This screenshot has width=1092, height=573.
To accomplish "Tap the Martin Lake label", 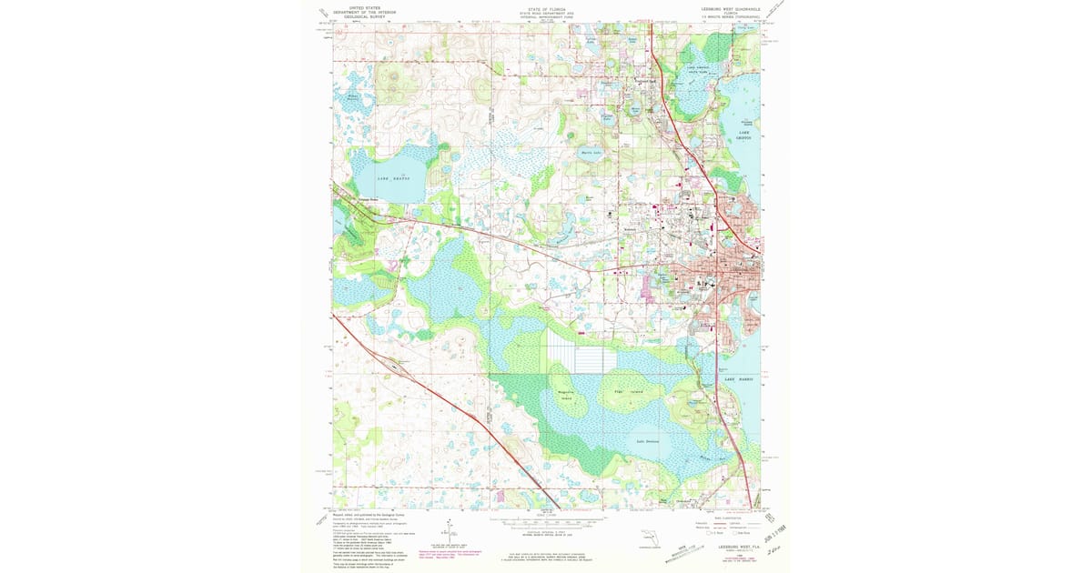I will tap(592, 153).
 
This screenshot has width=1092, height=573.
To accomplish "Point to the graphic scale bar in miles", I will tap(547, 524).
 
